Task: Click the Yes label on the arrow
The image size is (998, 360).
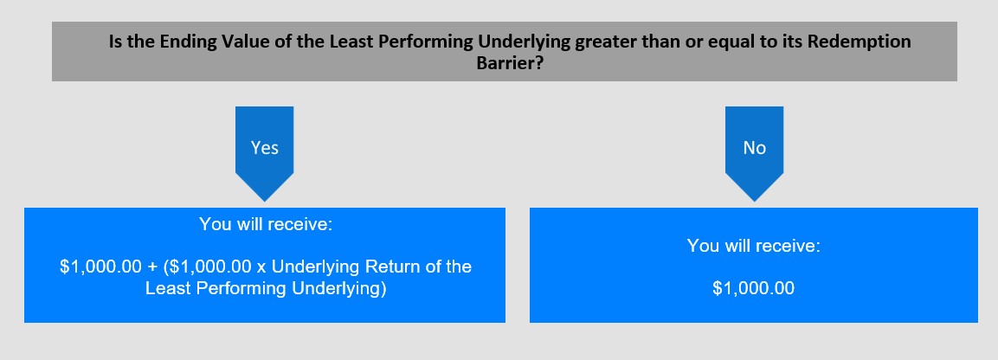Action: click(x=264, y=148)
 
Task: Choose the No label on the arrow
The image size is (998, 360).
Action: click(x=754, y=148)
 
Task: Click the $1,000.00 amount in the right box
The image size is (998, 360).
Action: click(x=754, y=288)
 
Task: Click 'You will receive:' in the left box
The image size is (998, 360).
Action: click(x=266, y=224)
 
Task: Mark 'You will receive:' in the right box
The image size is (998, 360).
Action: click(x=754, y=246)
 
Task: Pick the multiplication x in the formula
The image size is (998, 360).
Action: click(x=260, y=267)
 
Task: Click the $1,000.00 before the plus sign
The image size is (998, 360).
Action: click(x=100, y=266)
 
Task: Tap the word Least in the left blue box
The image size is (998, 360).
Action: click(x=167, y=288)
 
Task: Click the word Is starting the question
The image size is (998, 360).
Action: click(x=116, y=42)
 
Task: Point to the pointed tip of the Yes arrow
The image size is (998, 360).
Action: click(x=264, y=202)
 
